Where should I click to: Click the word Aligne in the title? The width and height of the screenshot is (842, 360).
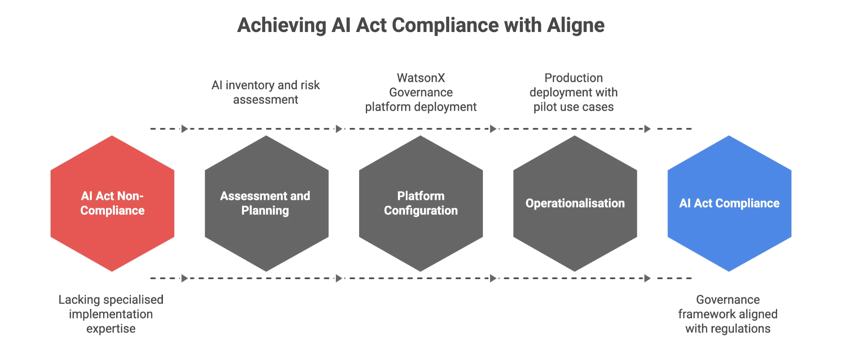tap(576, 25)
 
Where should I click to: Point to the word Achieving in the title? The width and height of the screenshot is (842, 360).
tap(282, 25)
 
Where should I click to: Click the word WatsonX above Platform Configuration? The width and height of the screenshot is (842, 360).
tap(421, 78)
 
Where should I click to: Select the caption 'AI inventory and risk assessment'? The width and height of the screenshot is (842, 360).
tap(266, 92)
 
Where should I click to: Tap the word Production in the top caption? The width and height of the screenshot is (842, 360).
tap(573, 78)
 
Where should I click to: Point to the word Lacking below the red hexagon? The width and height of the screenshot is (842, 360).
tap(79, 300)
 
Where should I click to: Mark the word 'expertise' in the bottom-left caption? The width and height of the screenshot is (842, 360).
tap(111, 329)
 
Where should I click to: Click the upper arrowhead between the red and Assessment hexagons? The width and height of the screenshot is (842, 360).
tap(185, 129)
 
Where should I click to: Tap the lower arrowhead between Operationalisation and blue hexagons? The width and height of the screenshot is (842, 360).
tap(647, 278)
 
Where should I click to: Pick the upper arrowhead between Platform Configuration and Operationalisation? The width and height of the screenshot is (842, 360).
tap(493, 129)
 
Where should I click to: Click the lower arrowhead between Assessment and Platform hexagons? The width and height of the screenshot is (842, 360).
tap(339, 278)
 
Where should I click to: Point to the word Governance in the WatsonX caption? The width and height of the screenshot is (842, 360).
tap(421, 92)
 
